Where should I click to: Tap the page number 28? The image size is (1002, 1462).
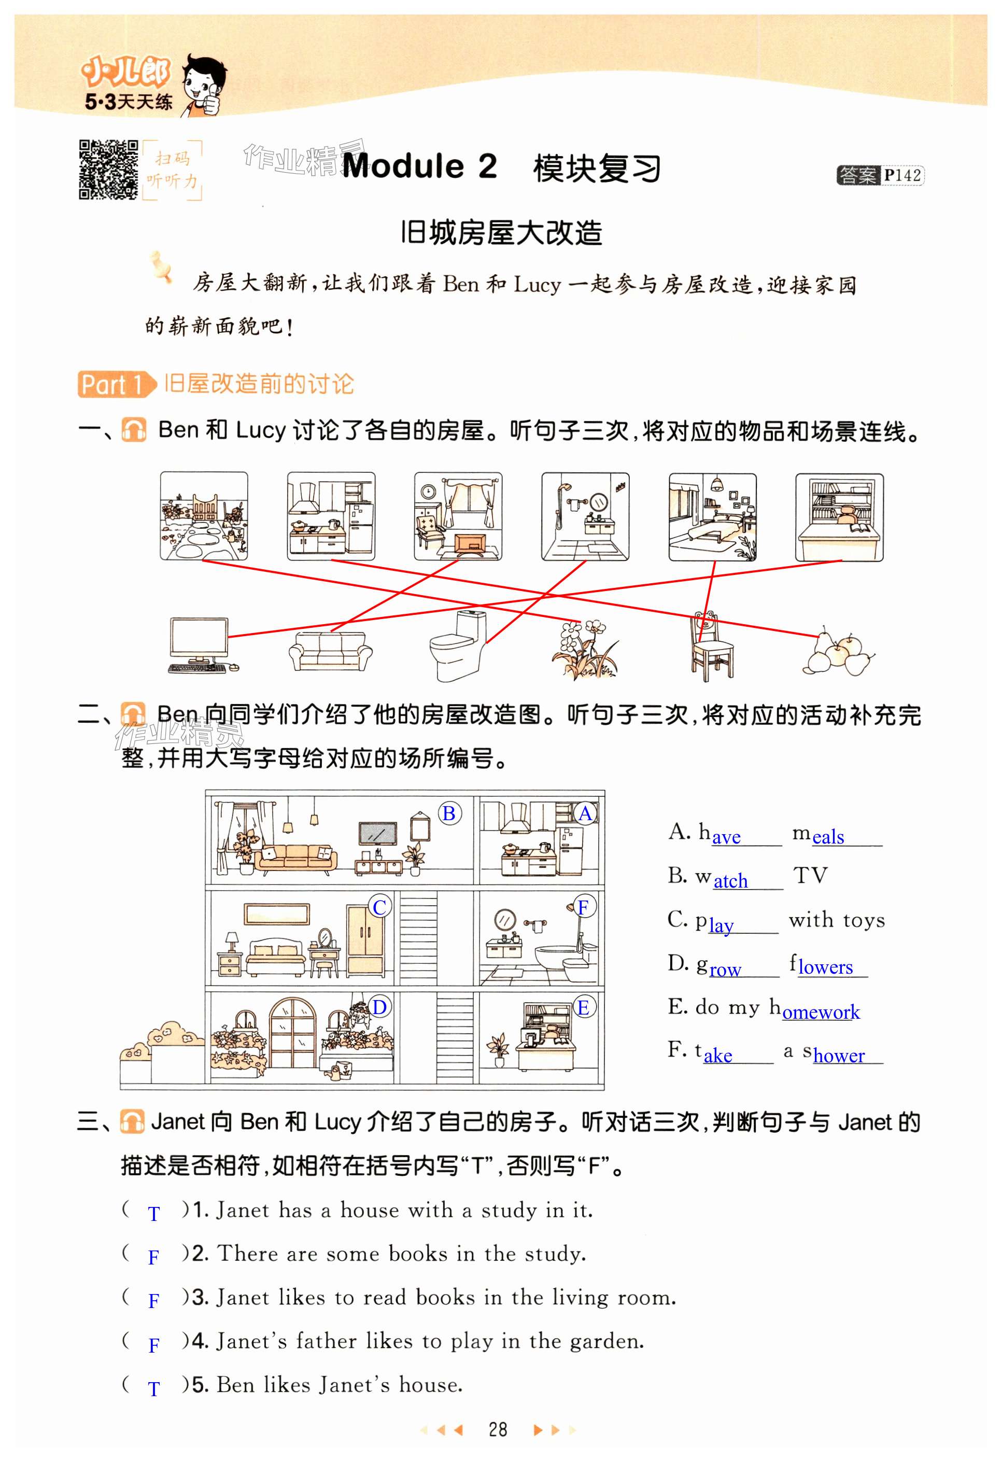click(498, 1429)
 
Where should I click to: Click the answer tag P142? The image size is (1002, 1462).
click(880, 175)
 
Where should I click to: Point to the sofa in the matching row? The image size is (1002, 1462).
click(330, 651)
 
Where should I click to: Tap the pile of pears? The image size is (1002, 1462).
click(838, 651)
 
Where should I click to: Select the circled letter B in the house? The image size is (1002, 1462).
click(449, 813)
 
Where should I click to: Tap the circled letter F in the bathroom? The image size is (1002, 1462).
click(583, 907)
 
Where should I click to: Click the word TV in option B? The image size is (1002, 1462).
click(810, 875)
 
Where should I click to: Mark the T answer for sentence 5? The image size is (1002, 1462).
click(153, 1389)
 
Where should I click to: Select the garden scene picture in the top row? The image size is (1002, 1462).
click(204, 516)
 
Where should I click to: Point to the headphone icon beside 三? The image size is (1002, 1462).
click(132, 1122)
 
